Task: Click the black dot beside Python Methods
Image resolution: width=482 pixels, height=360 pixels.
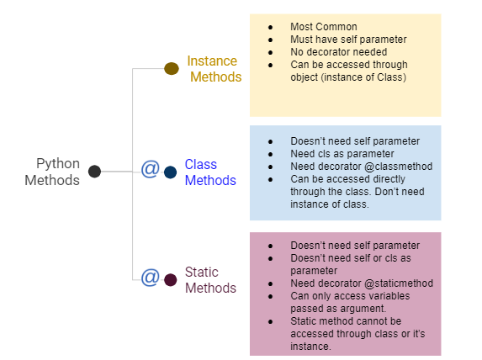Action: tap(94, 172)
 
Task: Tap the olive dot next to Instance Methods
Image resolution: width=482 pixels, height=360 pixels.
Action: tap(171, 69)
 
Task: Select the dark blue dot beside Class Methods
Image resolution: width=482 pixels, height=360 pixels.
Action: tap(171, 172)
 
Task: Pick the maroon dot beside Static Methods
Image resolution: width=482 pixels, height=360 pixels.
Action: tap(171, 279)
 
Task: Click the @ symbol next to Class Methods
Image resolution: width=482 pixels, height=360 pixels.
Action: tap(150, 170)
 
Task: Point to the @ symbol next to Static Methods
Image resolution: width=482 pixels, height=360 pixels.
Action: tap(150, 277)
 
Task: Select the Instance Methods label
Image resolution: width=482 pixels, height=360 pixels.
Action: tap(214, 69)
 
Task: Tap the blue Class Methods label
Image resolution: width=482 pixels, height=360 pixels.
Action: tap(209, 172)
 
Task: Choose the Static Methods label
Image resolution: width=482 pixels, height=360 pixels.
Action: tap(209, 280)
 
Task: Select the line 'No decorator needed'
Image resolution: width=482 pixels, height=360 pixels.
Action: tap(332, 52)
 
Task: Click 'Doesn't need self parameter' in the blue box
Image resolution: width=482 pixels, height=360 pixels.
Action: tap(354, 141)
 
